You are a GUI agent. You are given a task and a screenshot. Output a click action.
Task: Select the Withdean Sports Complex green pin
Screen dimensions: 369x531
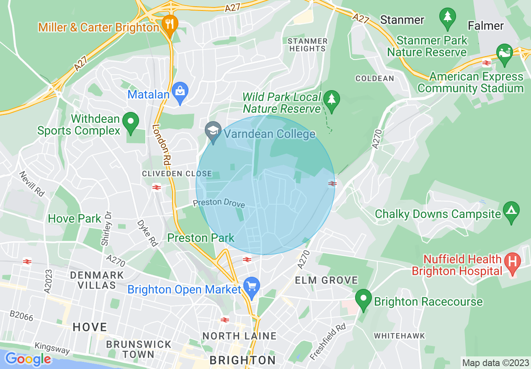(131, 122)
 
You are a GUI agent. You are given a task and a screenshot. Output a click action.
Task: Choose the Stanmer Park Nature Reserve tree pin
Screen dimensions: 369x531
(448, 18)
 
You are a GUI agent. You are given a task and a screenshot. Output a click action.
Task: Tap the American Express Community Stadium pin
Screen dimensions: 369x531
(504, 53)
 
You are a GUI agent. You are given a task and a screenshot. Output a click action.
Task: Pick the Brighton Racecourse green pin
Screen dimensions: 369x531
(363, 299)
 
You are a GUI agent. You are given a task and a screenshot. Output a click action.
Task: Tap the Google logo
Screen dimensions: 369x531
(28, 359)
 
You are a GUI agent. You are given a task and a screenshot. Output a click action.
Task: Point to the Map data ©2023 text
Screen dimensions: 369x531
(495, 362)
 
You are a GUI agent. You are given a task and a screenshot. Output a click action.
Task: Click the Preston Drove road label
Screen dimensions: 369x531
(219, 203)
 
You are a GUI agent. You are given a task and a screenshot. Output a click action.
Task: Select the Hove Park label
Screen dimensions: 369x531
(75, 218)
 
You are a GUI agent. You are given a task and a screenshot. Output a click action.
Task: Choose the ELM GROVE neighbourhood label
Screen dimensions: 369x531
(327, 280)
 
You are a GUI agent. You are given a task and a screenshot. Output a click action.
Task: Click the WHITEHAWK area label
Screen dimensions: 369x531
(399, 336)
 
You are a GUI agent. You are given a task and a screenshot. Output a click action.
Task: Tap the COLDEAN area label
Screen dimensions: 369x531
(374, 78)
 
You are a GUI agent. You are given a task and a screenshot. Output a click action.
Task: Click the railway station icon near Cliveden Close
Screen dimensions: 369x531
(157, 187)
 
